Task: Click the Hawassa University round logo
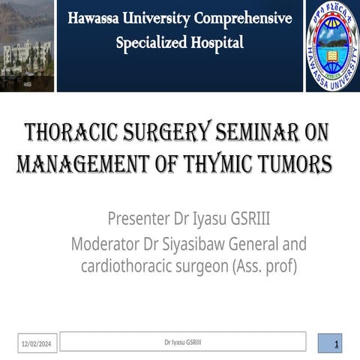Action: coord(332,45)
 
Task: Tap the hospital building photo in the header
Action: coord(26,45)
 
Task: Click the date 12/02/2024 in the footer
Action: coord(36,343)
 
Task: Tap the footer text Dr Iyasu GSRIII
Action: coord(182,342)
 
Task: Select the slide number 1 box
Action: coord(329,343)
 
